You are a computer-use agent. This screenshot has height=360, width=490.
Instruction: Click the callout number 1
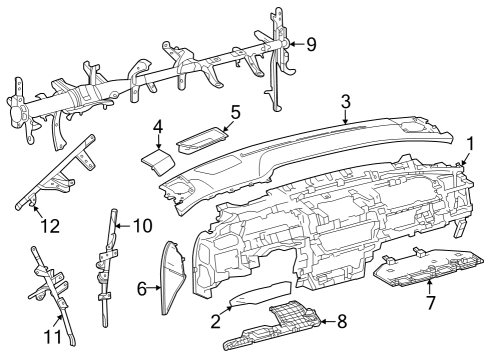tap(469, 144)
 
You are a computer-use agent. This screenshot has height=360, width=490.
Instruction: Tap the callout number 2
tap(214, 321)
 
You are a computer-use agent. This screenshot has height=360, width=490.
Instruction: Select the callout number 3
tap(344, 101)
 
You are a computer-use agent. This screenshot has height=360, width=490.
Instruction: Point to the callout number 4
tap(158, 127)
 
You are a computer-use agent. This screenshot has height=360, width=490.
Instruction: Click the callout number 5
tap(234, 111)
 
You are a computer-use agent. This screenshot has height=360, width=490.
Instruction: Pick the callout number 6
tap(142, 289)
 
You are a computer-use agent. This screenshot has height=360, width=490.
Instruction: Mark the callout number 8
tap(342, 321)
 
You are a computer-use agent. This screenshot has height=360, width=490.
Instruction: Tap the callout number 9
tap(310, 43)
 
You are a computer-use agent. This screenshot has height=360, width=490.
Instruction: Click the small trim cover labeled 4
tap(155, 160)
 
